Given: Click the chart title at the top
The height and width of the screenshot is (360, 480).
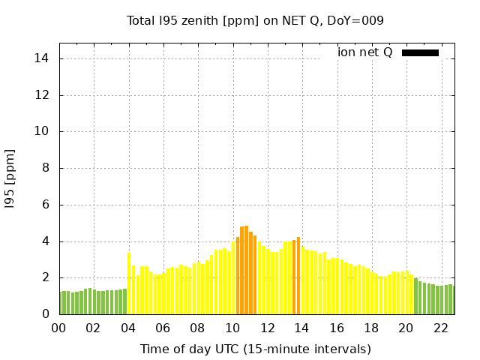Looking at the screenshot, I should [x=255, y=21].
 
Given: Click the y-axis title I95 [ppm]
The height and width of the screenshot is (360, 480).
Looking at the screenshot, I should [x=10, y=178].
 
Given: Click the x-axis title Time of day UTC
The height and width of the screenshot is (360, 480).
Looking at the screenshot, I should [x=255, y=349].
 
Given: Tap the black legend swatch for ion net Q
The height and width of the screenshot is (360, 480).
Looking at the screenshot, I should [x=420, y=52].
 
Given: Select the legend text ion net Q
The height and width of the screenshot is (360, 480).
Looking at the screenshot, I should [x=364, y=52].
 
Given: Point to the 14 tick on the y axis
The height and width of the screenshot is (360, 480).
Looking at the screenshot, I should [x=43, y=58].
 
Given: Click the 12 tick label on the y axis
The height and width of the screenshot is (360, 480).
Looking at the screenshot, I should [x=43, y=95].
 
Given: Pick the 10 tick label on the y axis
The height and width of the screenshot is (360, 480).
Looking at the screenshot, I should [x=43, y=131].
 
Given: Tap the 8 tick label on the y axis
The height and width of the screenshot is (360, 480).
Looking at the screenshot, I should [x=46, y=168].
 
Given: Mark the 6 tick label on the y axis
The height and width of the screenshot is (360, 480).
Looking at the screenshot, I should [x=46, y=205].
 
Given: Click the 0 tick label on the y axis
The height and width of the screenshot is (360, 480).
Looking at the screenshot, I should [x=46, y=314].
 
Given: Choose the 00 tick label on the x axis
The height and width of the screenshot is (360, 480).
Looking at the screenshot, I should [x=58, y=328].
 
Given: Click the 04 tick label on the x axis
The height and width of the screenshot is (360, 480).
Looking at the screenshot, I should [x=128, y=328].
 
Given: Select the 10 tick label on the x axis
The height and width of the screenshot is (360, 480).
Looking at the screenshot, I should [x=232, y=328].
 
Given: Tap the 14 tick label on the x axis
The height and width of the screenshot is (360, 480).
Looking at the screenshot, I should [x=302, y=328].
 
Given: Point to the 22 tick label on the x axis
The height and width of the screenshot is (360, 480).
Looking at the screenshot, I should [x=441, y=328].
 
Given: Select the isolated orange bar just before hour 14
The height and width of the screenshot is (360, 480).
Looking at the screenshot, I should [x=294, y=277].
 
